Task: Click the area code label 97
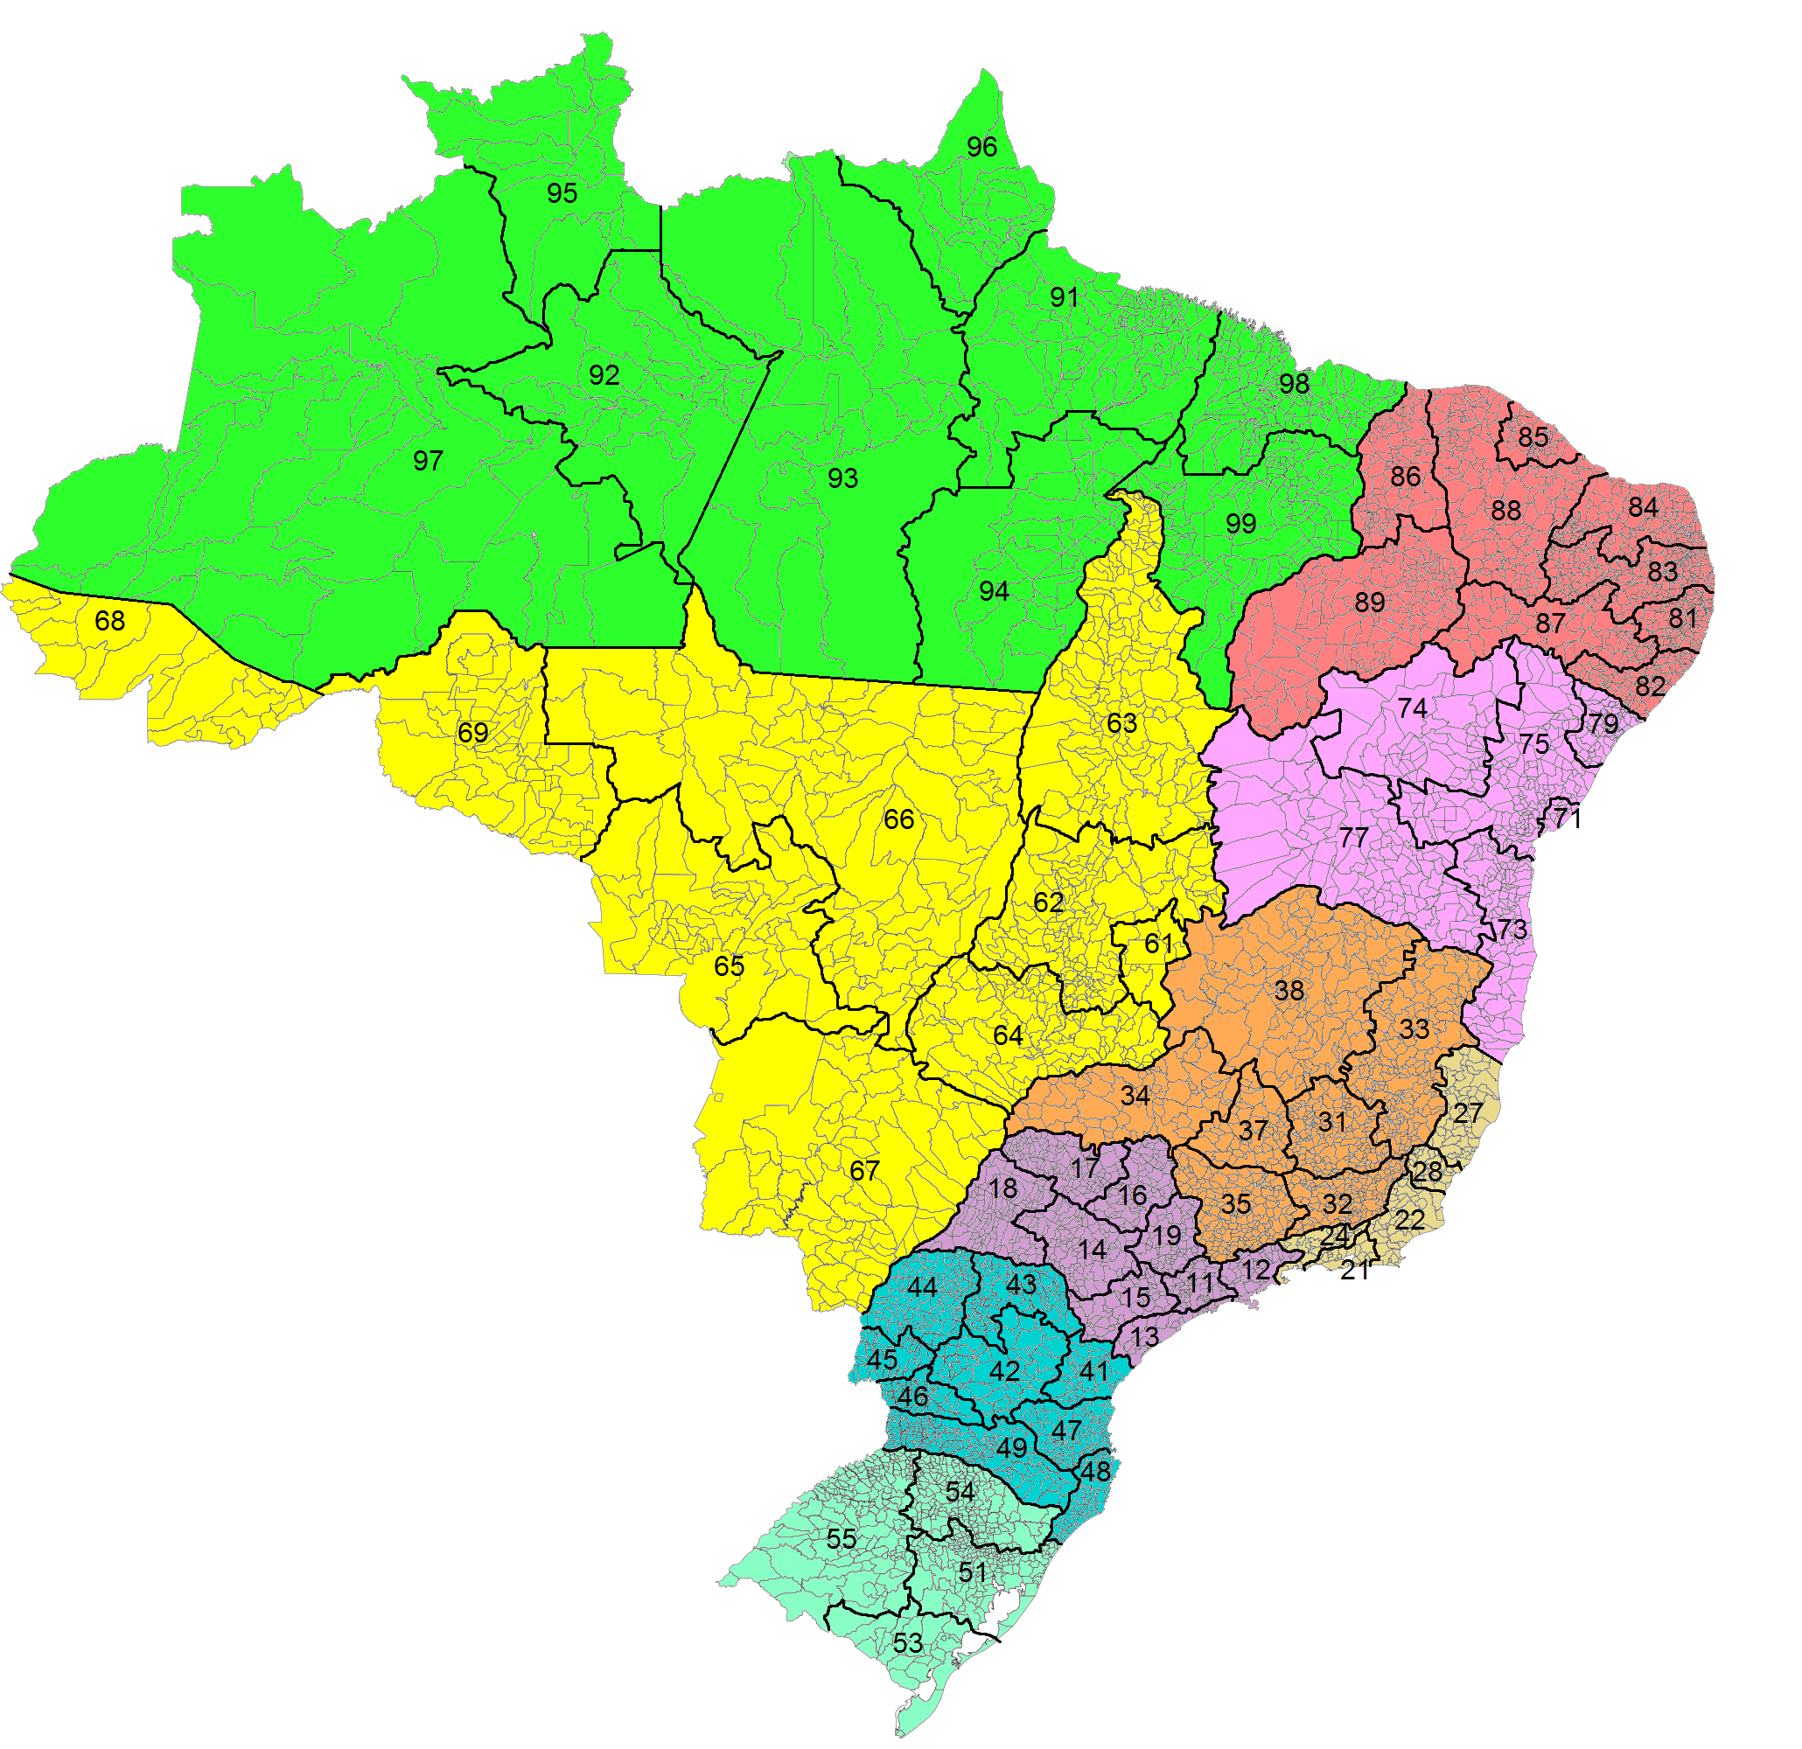(x=428, y=461)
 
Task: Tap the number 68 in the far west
(x=109, y=621)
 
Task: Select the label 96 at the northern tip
(x=981, y=147)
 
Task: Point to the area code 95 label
(x=562, y=193)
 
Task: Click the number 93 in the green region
(x=842, y=478)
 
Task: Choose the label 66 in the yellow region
(x=898, y=819)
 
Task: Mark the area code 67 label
(x=864, y=1170)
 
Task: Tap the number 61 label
(x=1158, y=944)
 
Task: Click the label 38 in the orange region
(x=1289, y=990)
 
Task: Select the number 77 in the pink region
(x=1353, y=837)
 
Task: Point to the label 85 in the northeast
(x=1533, y=436)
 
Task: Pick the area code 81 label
(x=1682, y=618)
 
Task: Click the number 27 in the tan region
(x=1467, y=1113)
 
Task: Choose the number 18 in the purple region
(x=1002, y=1188)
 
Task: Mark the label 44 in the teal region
(x=921, y=1286)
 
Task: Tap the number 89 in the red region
(x=1369, y=602)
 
